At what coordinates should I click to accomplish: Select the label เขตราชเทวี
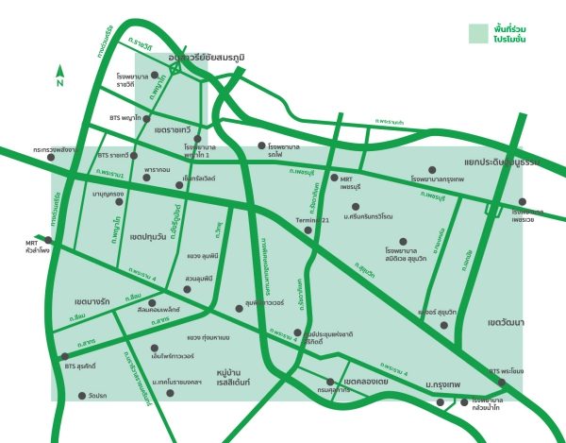tap(172, 128)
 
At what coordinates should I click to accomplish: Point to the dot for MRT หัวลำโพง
tap(48, 240)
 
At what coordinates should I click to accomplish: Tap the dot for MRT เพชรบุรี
tap(333, 177)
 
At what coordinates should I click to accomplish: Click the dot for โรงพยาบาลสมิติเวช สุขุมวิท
tap(404, 242)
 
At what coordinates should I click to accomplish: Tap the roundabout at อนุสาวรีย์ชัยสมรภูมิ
tap(175, 68)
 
